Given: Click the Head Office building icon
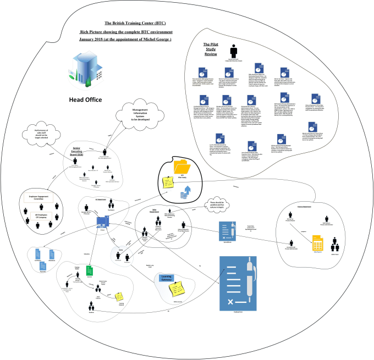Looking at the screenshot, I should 85,68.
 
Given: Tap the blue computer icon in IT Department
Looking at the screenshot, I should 102,222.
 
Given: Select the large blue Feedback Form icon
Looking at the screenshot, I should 237,284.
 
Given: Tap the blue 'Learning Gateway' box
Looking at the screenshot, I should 167,278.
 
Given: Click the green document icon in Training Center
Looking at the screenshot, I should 88,270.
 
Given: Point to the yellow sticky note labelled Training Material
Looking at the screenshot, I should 118,296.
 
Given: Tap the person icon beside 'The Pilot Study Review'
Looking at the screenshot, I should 233,50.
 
